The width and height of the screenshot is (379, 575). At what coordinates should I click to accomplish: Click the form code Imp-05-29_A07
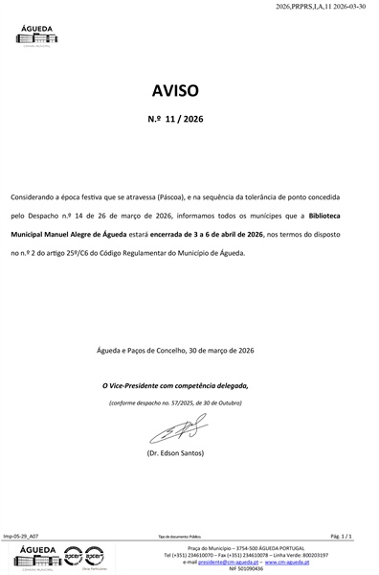(22, 538)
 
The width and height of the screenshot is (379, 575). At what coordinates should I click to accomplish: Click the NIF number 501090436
(247, 568)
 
